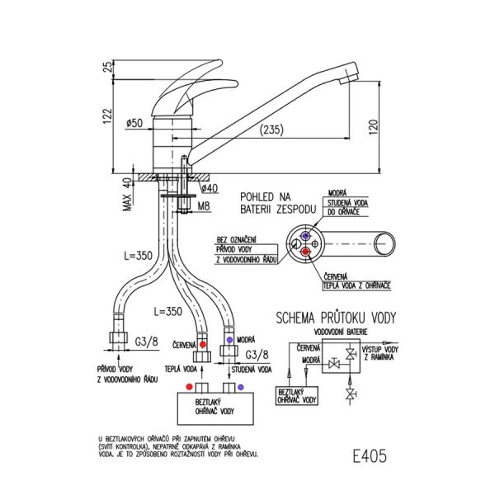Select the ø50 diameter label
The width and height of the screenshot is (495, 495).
136,123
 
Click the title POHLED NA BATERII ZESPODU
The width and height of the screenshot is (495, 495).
274,204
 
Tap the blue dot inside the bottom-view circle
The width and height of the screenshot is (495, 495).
306,234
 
